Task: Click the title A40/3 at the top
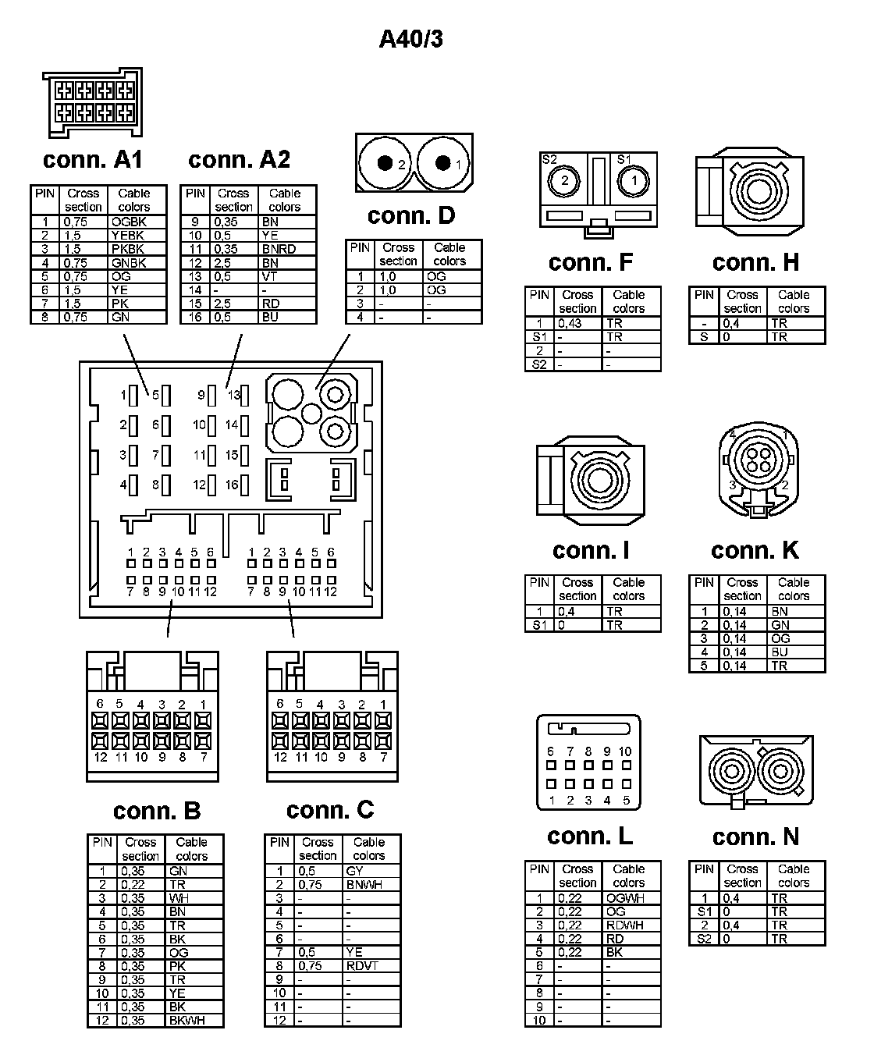pyautogui.click(x=410, y=39)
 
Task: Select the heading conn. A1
pyautogui.click(x=93, y=160)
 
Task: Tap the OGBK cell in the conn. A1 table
pyautogui.click(x=129, y=222)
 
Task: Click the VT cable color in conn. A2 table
pyautogui.click(x=270, y=276)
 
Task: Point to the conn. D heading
pyautogui.click(x=410, y=215)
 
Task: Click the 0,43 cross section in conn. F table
pyautogui.click(x=570, y=323)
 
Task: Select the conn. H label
pyautogui.click(x=755, y=263)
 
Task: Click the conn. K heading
pyautogui.click(x=755, y=551)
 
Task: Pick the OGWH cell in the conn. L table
pyautogui.click(x=625, y=898)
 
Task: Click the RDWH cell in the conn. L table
pyautogui.click(x=625, y=925)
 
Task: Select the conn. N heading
pyautogui.click(x=755, y=837)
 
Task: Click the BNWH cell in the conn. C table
pyautogui.click(x=364, y=885)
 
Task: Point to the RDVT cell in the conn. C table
pyautogui.click(x=362, y=966)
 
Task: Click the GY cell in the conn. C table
pyautogui.click(x=354, y=871)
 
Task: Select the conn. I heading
pyautogui.click(x=591, y=551)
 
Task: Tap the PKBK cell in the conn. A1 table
pyautogui.click(x=128, y=249)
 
